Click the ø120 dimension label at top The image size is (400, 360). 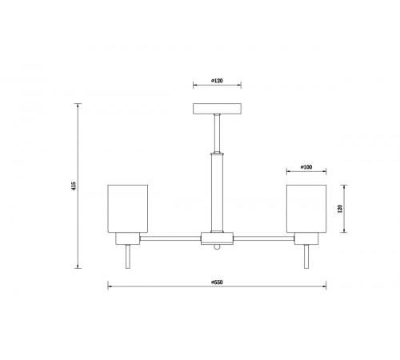click(x=217, y=81)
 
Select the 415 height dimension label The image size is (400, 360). click(x=74, y=186)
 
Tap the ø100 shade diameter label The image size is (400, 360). click(x=306, y=167)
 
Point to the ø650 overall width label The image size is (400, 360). click(x=217, y=282)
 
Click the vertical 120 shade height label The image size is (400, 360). click(x=340, y=209)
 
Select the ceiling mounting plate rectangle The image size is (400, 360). click(x=217, y=109)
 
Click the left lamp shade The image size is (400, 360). click(x=128, y=209)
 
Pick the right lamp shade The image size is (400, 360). click(x=306, y=209)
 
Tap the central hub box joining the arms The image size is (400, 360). click(x=217, y=238)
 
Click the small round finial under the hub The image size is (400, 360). click(x=217, y=247)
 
